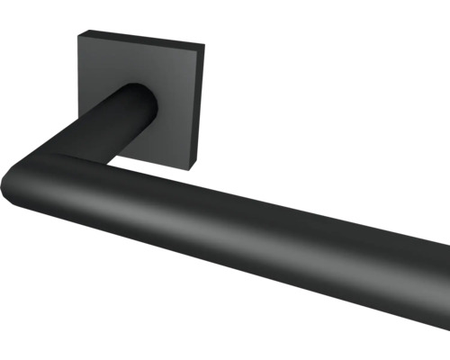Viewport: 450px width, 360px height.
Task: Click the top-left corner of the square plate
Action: (77, 33)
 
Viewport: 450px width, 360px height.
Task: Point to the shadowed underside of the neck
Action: (117, 144)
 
